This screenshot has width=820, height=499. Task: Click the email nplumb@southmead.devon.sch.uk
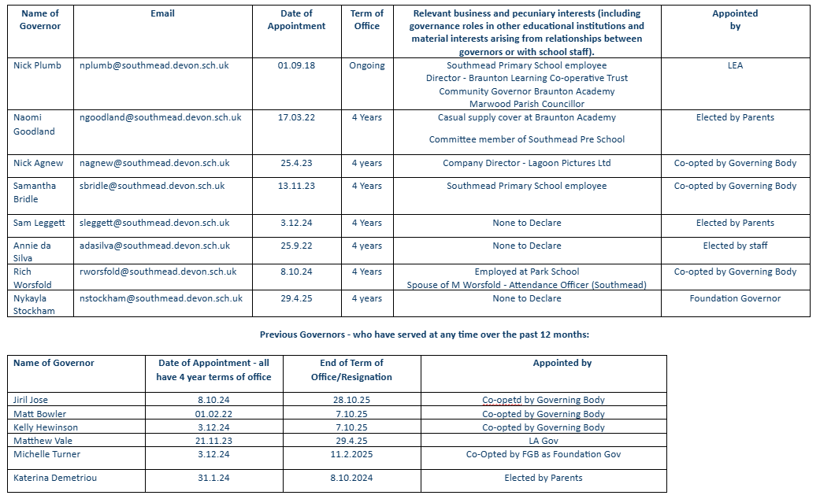154,65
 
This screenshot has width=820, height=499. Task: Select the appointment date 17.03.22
296,117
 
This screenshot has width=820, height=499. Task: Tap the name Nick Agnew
38,163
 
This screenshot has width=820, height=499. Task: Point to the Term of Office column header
367,20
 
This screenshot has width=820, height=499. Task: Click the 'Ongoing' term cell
367,65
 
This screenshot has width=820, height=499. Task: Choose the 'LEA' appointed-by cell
735,65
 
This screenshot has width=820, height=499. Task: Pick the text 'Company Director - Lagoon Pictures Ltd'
526,163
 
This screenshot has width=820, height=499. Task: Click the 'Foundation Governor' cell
735,298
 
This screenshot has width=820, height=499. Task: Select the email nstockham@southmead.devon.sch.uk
161,298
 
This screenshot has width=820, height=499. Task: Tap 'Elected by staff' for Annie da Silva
735,246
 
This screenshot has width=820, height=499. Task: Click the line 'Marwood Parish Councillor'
526,104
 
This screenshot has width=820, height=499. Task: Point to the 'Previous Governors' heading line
425,335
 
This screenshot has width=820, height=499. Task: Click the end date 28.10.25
351,400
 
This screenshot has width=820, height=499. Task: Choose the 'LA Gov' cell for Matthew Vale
544,441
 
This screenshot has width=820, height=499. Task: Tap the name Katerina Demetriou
53,478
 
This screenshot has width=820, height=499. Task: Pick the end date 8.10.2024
351,478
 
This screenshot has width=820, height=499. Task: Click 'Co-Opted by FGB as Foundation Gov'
544,454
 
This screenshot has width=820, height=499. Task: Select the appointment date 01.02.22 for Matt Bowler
214,414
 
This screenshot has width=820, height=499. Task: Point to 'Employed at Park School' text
526,272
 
